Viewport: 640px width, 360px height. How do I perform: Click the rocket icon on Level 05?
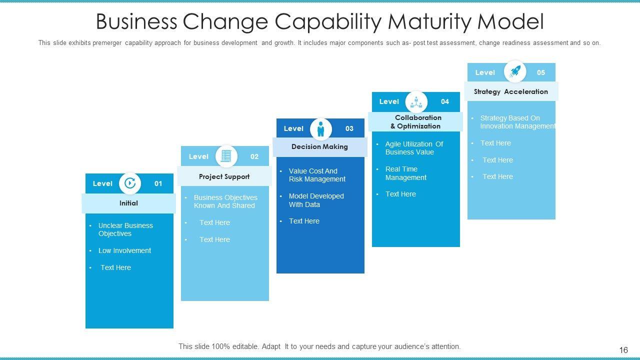point(515,71)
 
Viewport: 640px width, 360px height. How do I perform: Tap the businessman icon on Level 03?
point(320,129)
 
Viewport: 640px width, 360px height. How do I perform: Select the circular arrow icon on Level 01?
point(130,183)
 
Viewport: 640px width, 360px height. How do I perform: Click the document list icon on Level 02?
point(226,156)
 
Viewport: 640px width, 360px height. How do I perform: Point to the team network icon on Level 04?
point(416,102)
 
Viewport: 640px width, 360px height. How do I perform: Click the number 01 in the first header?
point(158,183)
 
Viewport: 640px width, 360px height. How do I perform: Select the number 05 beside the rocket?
point(541,72)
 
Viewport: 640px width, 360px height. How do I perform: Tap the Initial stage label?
point(128,203)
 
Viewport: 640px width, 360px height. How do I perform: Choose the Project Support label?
point(224,176)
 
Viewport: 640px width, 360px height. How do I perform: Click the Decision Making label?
point(319,146)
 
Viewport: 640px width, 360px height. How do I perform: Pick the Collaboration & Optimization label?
point(415,122)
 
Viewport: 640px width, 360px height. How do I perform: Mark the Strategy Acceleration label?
point(510,91)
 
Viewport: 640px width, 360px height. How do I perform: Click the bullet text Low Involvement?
point(124,250)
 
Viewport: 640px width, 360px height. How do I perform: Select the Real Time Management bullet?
point(405,173)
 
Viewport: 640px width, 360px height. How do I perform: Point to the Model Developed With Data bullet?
point(316,200)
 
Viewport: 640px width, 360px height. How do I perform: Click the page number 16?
point(623,350)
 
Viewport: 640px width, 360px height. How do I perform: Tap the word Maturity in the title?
point(427,21)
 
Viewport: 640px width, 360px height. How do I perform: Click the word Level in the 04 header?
point(389,101)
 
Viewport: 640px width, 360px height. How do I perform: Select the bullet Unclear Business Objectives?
point(125,229)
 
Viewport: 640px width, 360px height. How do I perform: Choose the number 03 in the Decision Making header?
point(349,128)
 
